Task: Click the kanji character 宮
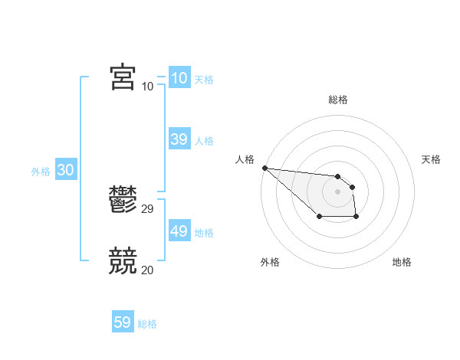(123, 77)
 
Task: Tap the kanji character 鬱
(123, 201)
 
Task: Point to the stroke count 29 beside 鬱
(148, 208)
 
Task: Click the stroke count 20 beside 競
(148, 270)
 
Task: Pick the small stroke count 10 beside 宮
(148, 86)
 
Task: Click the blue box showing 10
(179, 78)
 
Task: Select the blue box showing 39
(179, 139)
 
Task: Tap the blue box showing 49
(179, 231)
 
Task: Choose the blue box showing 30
(65, 171)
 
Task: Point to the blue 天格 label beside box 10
(204, 80)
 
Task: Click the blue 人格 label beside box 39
(204, 141)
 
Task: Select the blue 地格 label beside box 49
(204, 233)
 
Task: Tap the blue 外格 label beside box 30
(41, 172)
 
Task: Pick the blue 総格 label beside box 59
(147, 325)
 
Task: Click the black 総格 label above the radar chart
(338, 100)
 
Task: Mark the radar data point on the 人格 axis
(264, 168)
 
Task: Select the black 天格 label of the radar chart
(431, 159)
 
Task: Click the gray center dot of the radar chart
(337, 191)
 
